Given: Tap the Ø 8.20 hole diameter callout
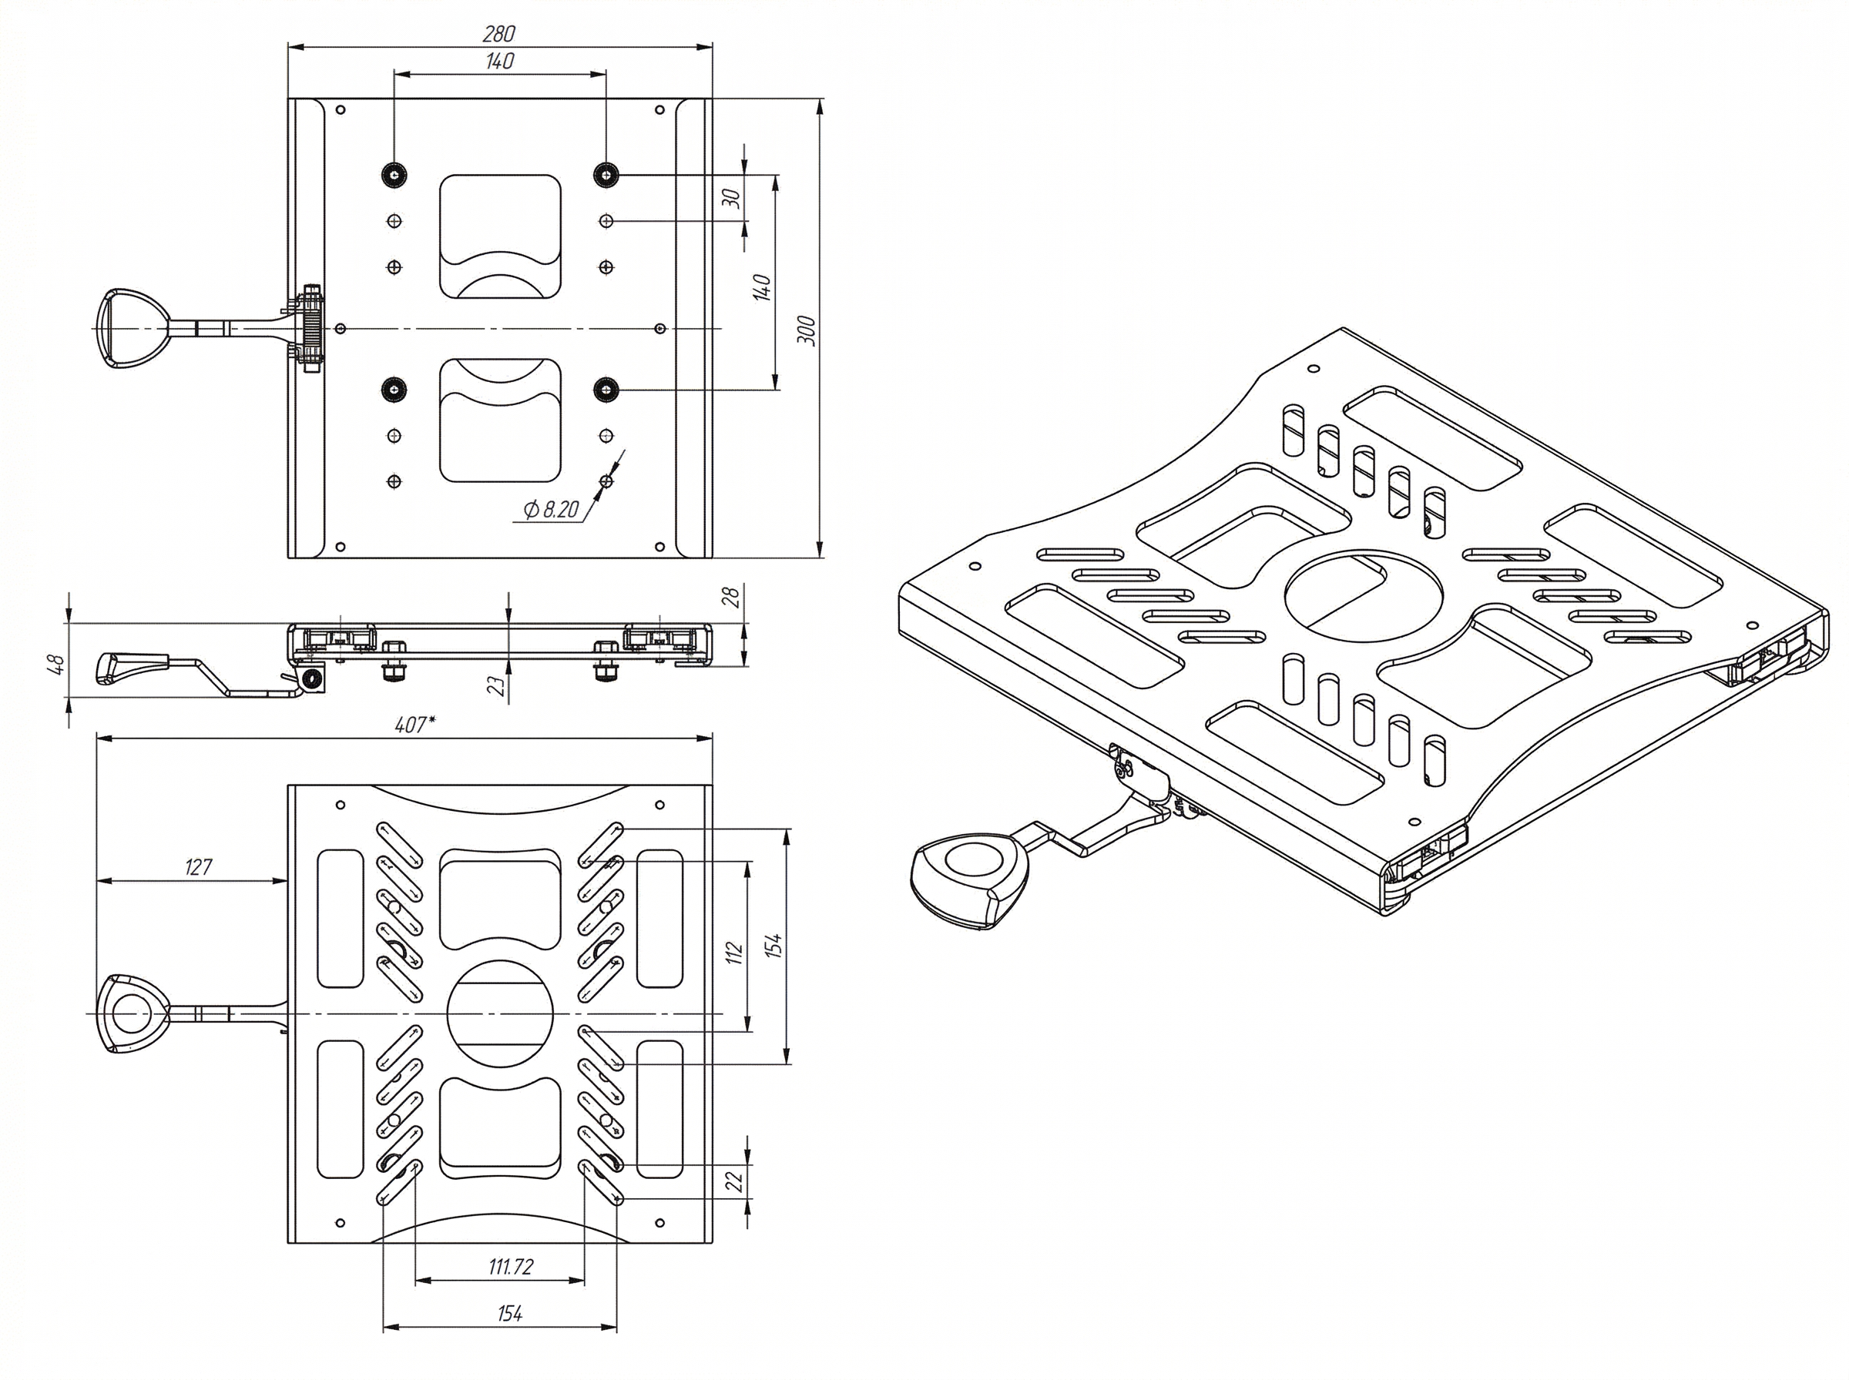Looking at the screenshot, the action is coord(551,509).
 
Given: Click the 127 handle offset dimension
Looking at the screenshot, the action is coord(198,867).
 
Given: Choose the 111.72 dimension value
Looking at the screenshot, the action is coord(511,1266).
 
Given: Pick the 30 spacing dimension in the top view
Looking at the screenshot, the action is coord(732,198).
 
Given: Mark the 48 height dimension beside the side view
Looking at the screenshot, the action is coord(56,664).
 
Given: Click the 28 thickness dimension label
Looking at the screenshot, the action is coord(731,597).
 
